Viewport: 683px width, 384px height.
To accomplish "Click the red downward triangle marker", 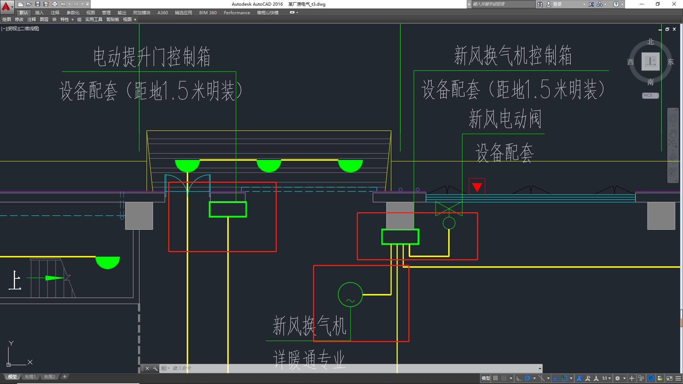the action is click(477, 187).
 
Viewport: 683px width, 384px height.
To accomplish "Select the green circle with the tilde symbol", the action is click(350, 294).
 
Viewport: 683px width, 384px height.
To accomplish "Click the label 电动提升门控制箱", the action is click(152, 57).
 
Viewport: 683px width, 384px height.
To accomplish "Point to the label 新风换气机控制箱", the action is click(513, 56).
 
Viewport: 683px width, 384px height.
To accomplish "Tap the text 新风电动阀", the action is click(505, 119).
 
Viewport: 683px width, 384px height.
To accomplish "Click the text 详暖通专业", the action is click(309, 359).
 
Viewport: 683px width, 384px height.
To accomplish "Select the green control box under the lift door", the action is click(228, 209).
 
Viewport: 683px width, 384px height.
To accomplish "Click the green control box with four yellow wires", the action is click(400, 237).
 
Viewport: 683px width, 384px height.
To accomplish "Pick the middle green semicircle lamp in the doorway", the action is click(269, 165).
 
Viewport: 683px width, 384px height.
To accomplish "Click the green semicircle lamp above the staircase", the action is click(107, 262).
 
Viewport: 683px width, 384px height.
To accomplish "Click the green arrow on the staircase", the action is click(54, 278).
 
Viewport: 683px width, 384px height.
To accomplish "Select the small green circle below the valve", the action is click(449, 223).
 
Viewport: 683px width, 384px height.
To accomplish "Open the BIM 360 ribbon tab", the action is click(208, 12).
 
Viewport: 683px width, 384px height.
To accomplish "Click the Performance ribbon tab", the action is click(237, 12).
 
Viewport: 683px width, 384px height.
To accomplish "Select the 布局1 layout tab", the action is click(30, 377).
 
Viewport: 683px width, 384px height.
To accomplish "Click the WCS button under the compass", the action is click(650, 95).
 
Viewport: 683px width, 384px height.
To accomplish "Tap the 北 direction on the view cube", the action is click(650, 42).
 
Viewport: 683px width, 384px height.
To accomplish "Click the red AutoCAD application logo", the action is click(6, 6).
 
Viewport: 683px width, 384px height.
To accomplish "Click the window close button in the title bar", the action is click(674, 4).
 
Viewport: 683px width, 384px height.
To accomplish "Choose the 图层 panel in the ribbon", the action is click(44, 20).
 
